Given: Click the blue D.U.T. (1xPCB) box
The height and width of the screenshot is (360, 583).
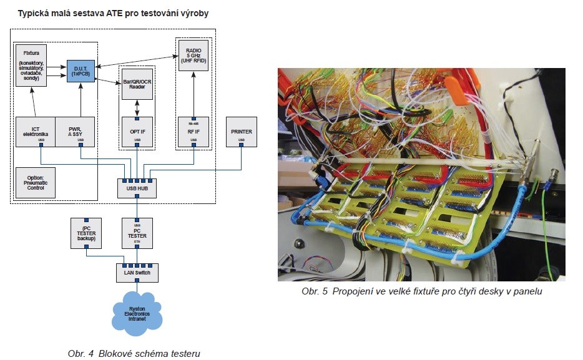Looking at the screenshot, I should tap(80, 71).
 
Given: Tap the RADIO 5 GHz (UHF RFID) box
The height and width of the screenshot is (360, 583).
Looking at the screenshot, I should tap(193, 54).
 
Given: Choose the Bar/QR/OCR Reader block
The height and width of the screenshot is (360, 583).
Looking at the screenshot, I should tap(137, 85).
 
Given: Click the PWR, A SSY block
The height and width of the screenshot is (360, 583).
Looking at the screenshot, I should tap(76, 130).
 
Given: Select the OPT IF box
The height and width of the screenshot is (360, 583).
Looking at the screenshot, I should tap(137, 132).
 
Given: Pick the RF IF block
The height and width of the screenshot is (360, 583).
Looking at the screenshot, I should tap(193, 132).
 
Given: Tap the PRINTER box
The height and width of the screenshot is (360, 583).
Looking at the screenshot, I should tap(241, 132).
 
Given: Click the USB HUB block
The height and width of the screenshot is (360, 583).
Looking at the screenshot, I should tap(137, 188).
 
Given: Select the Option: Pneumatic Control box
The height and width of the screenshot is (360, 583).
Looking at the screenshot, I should tap(35, 182).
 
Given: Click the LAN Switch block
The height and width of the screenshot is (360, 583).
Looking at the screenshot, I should tap(137, 272).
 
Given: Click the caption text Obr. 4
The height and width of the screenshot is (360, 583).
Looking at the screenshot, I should tap(81, 354).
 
